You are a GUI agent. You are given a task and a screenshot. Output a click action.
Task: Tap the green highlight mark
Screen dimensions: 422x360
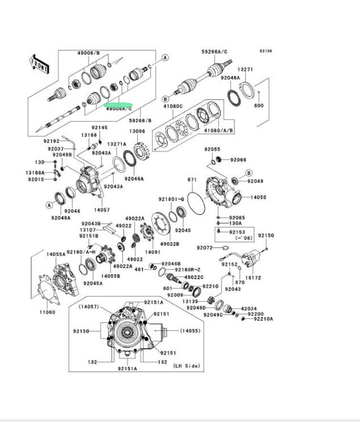[x=119, y=102]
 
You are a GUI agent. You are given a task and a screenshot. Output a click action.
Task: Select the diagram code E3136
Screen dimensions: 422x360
[x=266, y=51]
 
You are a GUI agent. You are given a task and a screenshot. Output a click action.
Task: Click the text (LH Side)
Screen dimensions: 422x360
[x=186, y=366]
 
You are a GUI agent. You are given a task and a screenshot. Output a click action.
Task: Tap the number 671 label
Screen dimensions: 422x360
[x=192, y=180]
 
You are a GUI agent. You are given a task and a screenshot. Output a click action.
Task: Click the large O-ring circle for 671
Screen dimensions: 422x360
[x=196, y=203]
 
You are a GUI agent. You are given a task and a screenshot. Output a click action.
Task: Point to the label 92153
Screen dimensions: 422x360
[x=237, y=232]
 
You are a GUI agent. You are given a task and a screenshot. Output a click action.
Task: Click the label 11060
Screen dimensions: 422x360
[x=47, y=312]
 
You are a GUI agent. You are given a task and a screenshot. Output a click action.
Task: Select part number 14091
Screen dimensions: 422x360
[x=152, y=251]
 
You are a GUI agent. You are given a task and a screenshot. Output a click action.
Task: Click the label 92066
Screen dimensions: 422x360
[x=239, y=160]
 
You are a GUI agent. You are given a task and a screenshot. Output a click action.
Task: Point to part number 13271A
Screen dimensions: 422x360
[x=116, y=144]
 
